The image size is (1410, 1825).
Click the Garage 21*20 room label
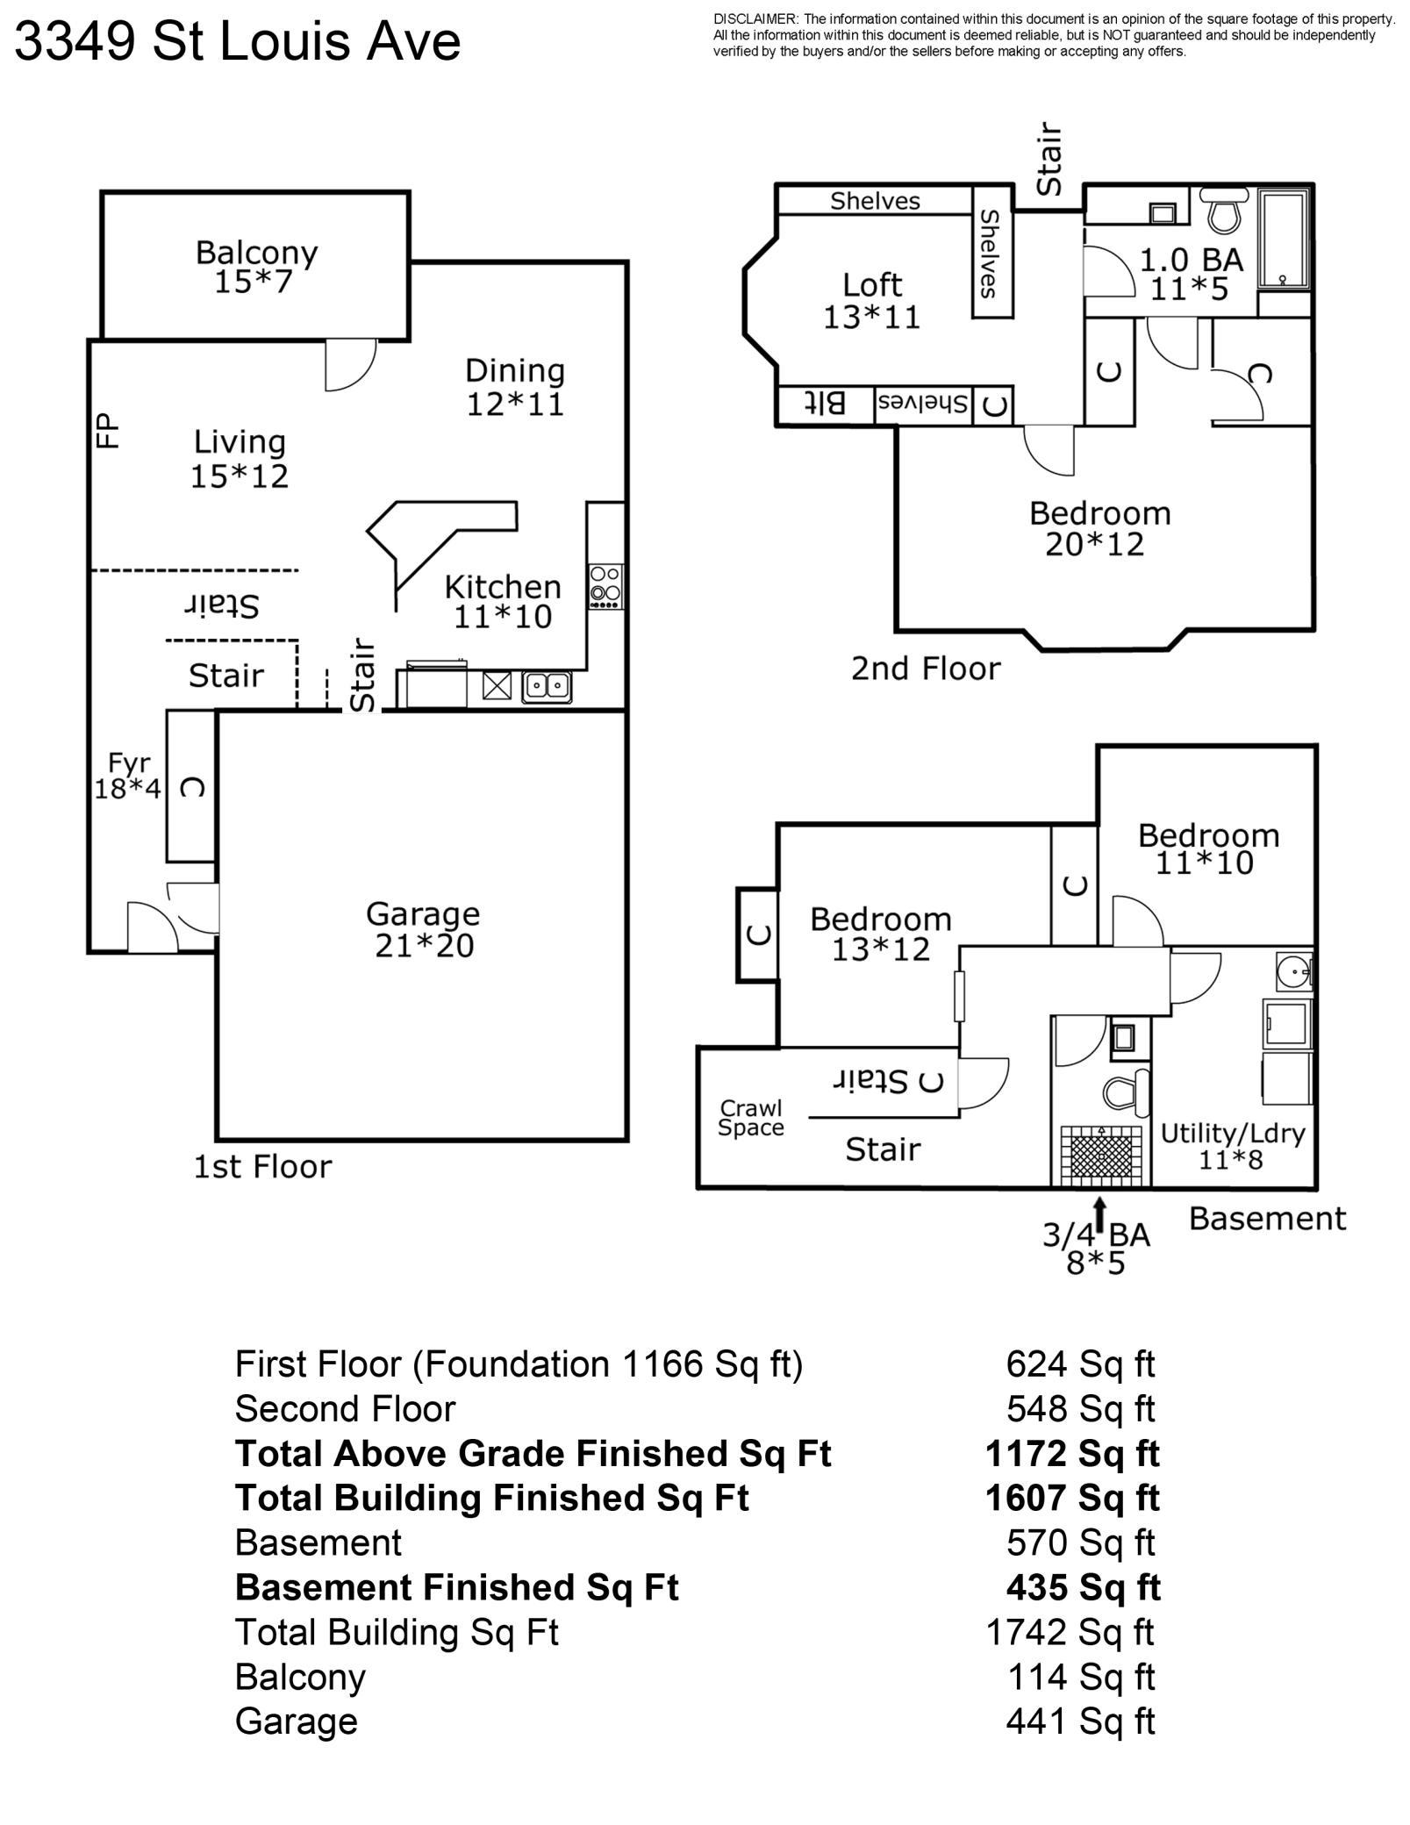[423, 930]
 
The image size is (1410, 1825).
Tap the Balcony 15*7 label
[255, 267]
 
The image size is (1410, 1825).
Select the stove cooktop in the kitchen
[605, 586]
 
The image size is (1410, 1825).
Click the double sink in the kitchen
[547, 685]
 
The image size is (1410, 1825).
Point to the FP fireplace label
[107, 431]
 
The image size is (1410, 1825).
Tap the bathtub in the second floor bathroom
[1285, 239]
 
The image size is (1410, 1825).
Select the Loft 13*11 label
[871, 300]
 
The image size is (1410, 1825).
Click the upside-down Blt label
[826, 404]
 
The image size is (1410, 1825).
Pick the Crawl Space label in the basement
[750, 1118]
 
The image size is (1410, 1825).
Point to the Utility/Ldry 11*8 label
[1232, 1146]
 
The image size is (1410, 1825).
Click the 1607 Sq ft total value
[1071, 1498]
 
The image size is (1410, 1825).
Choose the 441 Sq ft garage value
[1079, 1721]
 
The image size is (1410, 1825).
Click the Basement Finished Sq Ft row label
[456, 1587]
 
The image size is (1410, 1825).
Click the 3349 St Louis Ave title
[237, 42]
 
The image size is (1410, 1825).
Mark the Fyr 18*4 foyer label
[128, 775]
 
